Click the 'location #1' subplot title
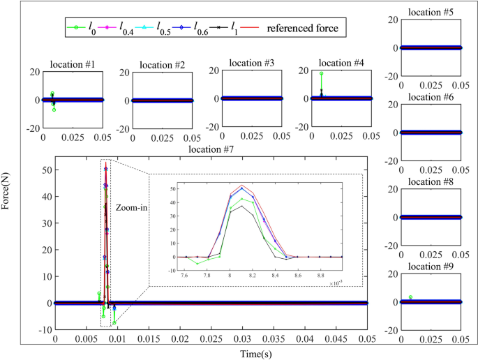(x=73, y=65)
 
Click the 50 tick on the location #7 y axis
(x=43, y=170)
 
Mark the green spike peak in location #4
(x=321, y=73)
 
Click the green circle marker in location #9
(x=410, y=297)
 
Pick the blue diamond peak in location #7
(x=106, y=168)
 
